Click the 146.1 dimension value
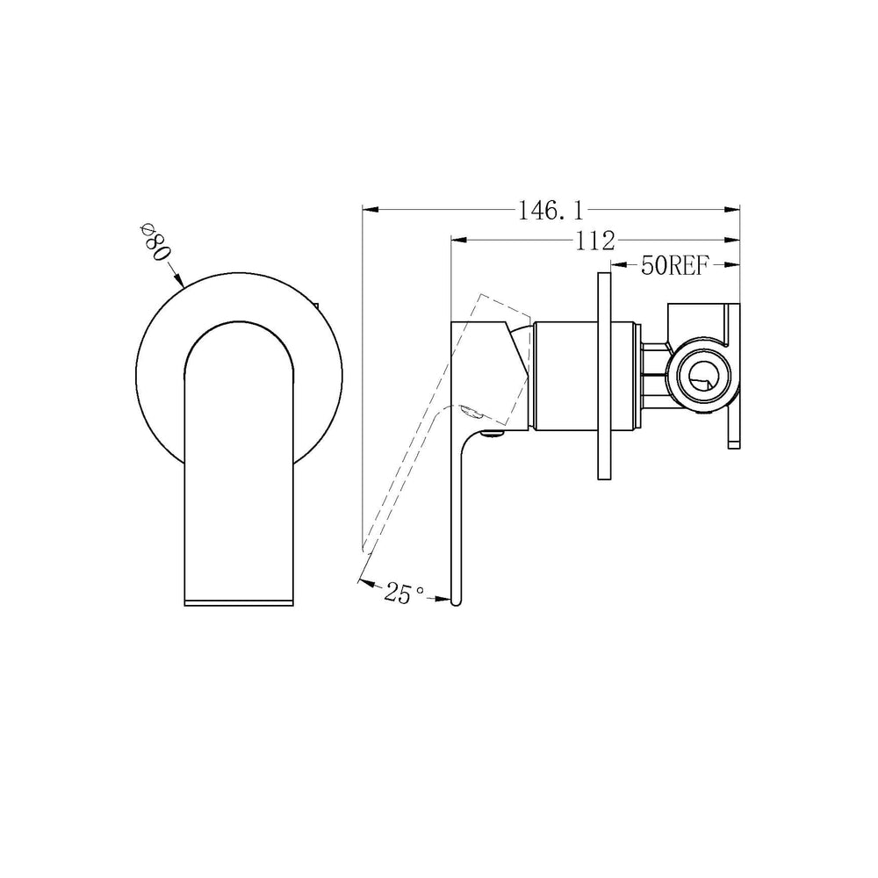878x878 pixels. coord(551,211)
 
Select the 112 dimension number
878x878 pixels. coord(595,241)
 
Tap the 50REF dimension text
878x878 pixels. coord(674,266)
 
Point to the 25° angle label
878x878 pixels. coord(404,593)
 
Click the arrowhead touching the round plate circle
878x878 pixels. coord(178,280)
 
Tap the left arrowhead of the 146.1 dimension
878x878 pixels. coord(371,210)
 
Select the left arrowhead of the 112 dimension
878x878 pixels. coord(459,241)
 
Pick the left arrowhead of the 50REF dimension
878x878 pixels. coord(618,264)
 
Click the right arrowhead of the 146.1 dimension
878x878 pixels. coord(732,210)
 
